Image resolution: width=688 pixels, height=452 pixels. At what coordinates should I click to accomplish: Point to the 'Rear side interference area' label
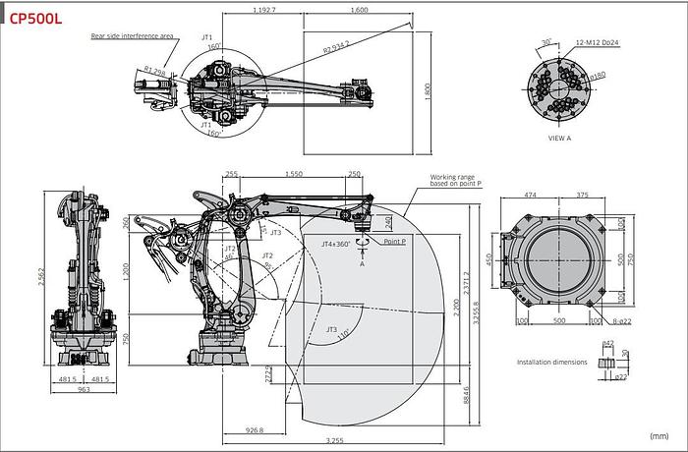tap(133, 34)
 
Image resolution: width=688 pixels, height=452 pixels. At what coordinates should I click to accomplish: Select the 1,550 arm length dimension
tap(292, 174)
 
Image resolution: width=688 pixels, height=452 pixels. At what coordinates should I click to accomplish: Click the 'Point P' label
tap(396, 242)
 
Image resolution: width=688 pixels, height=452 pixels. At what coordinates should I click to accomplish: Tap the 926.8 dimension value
tap(255, 428)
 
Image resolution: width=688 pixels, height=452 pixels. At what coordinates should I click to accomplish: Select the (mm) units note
tap(659, 434)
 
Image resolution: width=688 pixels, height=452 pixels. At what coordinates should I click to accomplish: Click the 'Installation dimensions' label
tap(552, 363)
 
